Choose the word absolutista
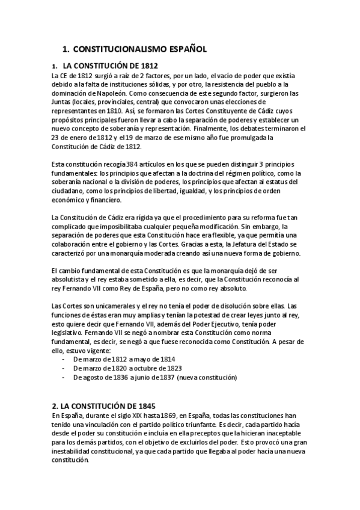click(x=70, y=280)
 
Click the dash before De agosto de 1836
click(x=64, y=377)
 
